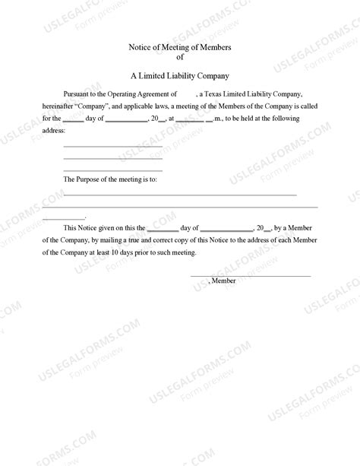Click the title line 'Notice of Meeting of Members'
[180, 48]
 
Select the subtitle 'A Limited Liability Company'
[180, 76]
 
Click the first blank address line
[112, 145]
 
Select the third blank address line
[112, 170]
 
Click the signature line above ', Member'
[250, 276]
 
